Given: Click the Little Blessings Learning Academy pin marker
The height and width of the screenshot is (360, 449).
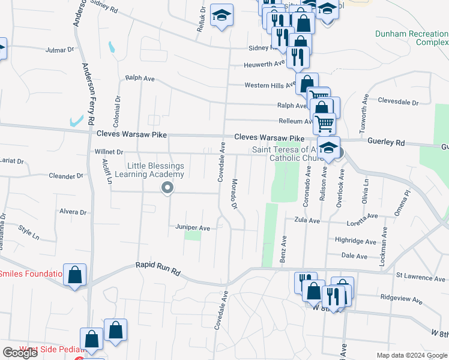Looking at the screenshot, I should click(167, 189).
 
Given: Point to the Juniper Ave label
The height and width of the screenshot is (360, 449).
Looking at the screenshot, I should click(193, 228).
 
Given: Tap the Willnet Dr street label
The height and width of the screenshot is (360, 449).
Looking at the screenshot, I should click(109, 152).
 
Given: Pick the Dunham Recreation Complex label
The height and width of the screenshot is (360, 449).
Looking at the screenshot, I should click(411, 38).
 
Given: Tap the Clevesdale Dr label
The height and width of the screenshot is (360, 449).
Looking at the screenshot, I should click(398, 103).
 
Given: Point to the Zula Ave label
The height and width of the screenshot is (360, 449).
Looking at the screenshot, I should click(305, 220).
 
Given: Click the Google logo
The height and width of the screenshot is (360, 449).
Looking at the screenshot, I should click(20, 353).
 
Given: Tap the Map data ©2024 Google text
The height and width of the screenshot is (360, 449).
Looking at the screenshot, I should click(412, 355).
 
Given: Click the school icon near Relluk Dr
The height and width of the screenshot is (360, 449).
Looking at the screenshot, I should click(222, 16).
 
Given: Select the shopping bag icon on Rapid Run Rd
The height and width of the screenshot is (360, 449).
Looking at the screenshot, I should click(74, 275).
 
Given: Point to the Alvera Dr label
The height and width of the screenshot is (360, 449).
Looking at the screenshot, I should click(73, 212).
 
